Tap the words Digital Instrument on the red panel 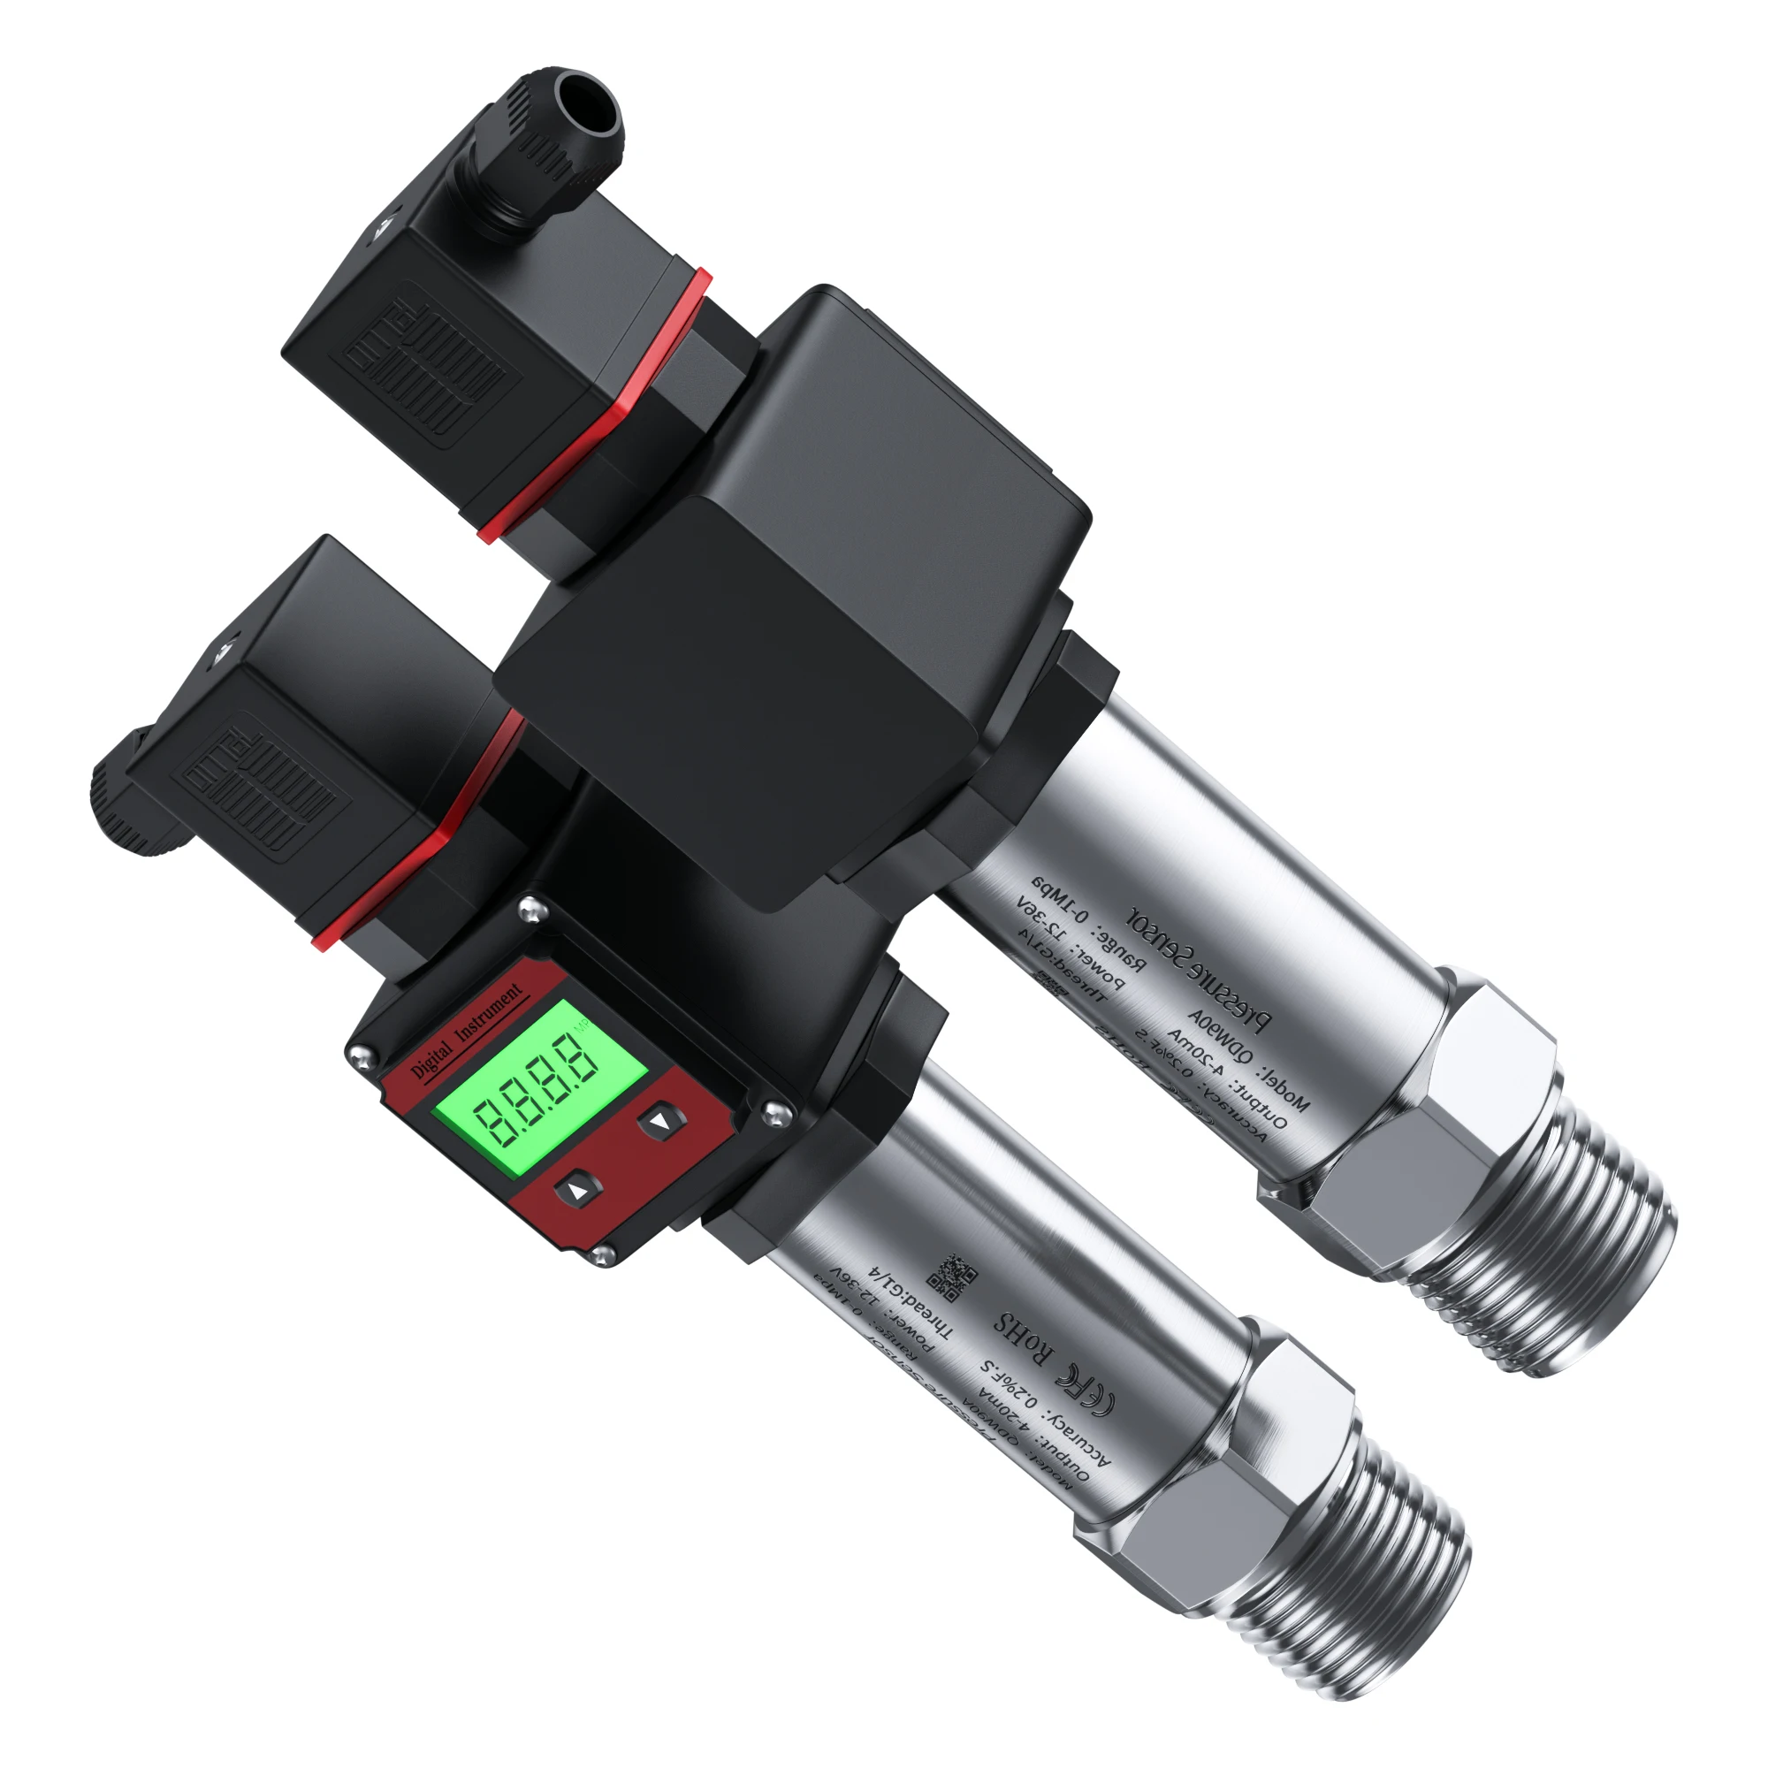[x=467, y=1030]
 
